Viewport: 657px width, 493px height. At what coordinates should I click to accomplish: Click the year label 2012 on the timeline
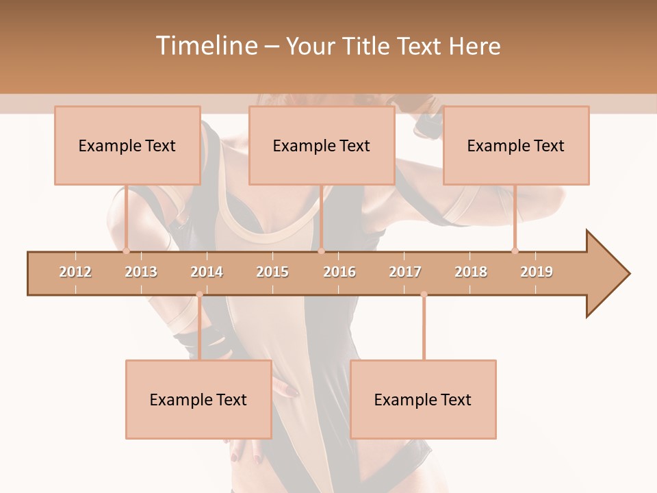point(75,272)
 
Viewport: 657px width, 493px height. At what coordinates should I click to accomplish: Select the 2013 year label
point(141,272)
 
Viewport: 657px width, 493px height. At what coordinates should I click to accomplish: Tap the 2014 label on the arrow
point(207,272)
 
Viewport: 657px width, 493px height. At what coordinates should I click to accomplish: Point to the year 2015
point(272,272)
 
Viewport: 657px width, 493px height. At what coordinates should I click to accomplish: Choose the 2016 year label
point(339,272)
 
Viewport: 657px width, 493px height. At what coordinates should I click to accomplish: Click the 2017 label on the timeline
point(405,272)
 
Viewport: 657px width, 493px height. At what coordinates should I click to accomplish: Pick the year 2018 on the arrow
point(471,272)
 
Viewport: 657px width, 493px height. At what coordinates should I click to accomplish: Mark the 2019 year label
point(537,272)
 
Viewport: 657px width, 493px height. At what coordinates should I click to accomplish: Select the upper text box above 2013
point(127,145)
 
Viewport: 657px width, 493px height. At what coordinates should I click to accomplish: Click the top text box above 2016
point(322,145)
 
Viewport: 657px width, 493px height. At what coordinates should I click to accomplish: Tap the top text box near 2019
point(516,145)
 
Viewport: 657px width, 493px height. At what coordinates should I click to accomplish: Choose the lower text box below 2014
point(198,399)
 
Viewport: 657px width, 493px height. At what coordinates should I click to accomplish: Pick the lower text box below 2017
point(423,399)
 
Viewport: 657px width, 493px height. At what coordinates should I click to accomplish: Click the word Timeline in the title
point(205,46)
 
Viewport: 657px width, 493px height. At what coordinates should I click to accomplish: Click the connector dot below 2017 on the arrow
point(424,294)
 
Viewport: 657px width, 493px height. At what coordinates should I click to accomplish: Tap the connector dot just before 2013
point(126,251)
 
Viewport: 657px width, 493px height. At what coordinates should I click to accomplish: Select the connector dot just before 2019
point(515,251)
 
